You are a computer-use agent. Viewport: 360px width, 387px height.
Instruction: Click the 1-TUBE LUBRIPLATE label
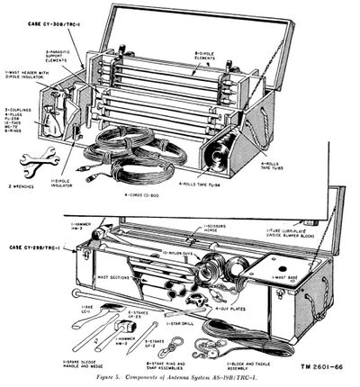pos(302,232)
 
